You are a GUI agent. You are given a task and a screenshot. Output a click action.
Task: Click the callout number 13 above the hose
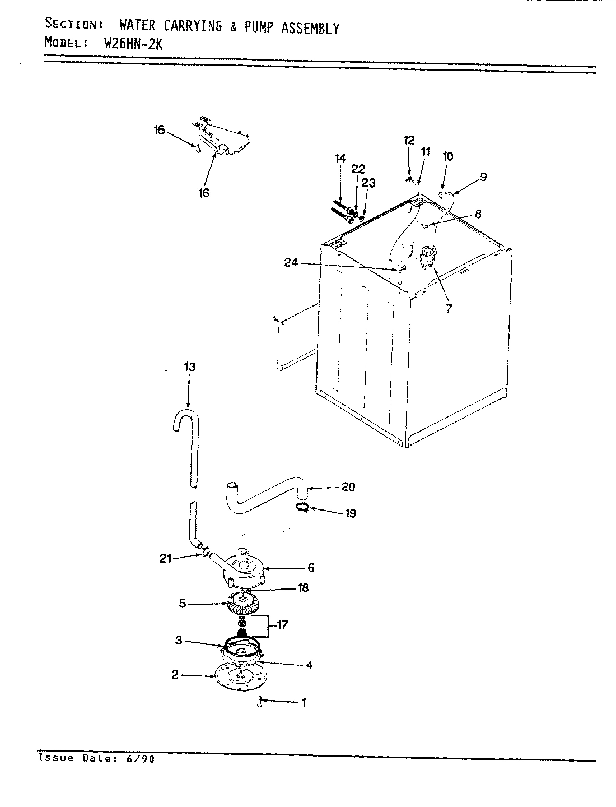[x=189, y=367]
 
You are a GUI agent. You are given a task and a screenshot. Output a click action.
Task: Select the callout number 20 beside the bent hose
[x=348, y=487]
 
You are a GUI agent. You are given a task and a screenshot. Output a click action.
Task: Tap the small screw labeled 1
[x=260, y=702]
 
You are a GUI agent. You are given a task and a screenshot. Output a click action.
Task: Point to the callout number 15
[x=160, y=130]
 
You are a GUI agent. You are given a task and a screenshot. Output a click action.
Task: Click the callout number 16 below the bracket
[x=204, y=193]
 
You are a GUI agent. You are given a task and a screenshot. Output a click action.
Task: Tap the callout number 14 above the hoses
[x=340, y=159]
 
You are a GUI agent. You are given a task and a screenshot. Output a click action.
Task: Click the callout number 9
[x=483, y=177]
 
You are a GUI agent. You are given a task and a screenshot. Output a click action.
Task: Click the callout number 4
[x=309, y=665]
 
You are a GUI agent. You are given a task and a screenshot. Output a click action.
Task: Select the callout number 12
[x=409, y=140]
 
